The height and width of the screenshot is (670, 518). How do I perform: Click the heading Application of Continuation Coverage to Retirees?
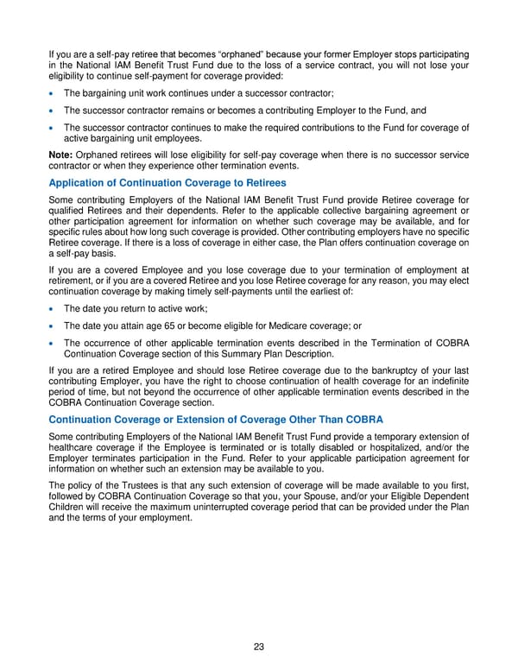167,182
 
